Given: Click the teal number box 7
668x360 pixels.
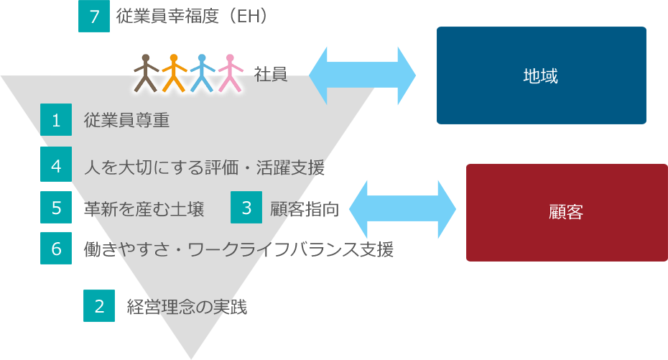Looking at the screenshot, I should (94, 17).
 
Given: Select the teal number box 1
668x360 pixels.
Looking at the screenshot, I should (56, 120).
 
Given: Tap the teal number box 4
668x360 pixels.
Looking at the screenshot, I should (56, 166).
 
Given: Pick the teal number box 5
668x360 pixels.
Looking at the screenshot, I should (56, 208).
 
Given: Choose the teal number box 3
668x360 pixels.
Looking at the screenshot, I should (246, 208).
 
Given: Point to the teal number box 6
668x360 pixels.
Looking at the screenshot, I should (56, 249).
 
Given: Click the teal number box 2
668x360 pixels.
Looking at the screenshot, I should (99, 305).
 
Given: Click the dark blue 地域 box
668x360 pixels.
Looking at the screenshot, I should (541, 75).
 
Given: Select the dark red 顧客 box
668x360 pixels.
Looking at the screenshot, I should (566, 212).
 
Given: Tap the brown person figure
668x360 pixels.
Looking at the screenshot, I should (147, 73).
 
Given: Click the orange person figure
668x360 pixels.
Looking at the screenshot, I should (174, 73).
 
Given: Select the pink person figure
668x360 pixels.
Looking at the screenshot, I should (230, 73).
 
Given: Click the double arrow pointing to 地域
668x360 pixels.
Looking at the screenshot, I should (363, 75).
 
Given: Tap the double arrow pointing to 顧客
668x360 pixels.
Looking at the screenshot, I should (402, 209).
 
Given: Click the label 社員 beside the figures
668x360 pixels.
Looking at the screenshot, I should (272, 74).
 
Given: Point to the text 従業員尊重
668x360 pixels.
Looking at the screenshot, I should (126, 120).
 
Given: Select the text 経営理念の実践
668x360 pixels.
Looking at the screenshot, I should (187, 306).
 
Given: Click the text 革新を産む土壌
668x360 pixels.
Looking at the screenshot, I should (144, 208).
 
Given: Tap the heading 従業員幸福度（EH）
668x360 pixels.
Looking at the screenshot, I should (191, 15).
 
